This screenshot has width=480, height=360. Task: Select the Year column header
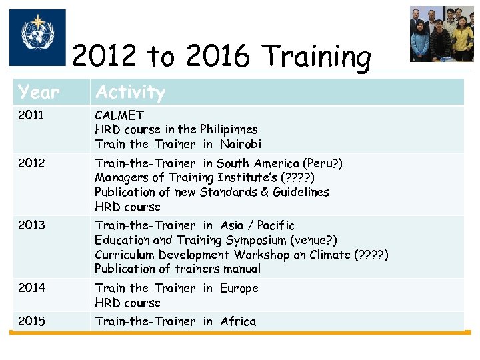[x=39, y=92]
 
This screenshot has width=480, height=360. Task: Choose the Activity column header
[x=130, y=92]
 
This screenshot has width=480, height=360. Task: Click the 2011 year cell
[x=31, y=115]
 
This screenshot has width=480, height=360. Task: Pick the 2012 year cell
[x=31, y=163]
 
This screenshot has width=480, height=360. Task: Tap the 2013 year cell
[x=31, y=225]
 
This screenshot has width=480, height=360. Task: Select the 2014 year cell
[x=31, y=288]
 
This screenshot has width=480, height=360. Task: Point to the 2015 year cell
[x=31, y=321]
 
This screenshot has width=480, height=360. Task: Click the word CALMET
[x=119, y=115]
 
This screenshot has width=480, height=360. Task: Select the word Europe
[x=239, y=288]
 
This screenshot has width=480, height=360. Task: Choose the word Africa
[x=238, y=321]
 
